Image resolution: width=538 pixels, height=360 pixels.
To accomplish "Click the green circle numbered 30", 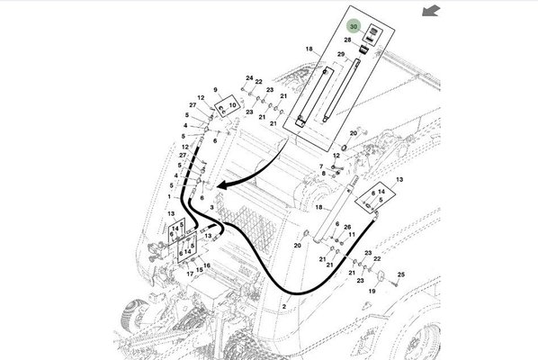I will point(354,28).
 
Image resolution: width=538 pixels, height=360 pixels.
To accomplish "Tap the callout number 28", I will point(348,41).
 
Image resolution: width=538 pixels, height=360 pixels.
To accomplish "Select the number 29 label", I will point(341,56).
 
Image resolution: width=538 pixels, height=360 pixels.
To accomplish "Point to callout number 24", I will point(248,78).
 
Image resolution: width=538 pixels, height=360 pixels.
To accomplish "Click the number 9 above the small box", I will point(217,91).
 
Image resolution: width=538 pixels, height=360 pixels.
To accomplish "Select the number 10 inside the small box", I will point(233,105).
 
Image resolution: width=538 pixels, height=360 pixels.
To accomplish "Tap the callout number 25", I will point(401,274).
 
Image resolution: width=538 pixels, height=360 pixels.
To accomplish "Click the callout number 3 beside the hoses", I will point(212,207).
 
